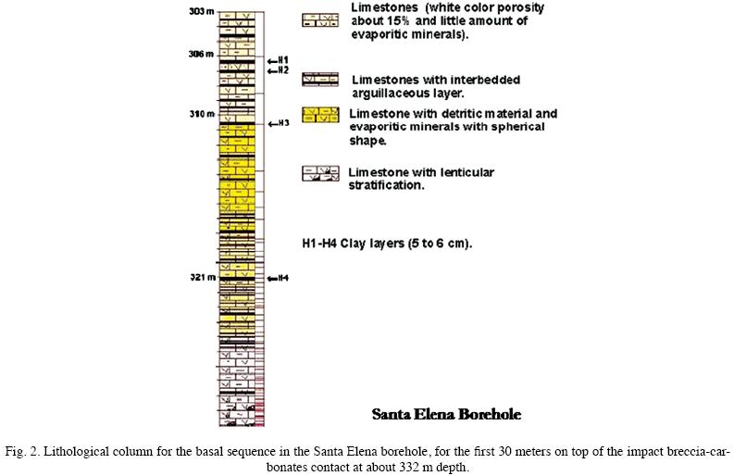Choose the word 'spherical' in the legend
[x=517, y=128]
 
